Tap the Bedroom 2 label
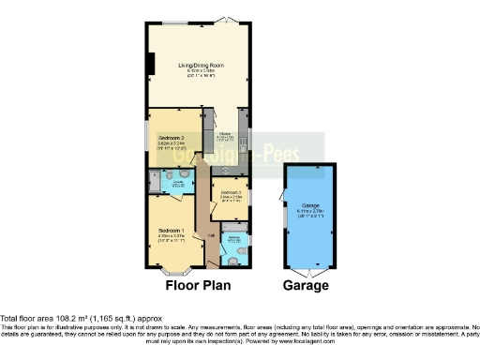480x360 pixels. click(x=172, y=138)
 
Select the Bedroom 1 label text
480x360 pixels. click(x=171, y=231)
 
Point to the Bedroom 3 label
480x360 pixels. click(x=232, y=194)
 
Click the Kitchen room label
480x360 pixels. click(x=226, y=136)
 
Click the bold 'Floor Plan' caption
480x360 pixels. click(x=197, y=285)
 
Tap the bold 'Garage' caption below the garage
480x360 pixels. click(x=307, y=285)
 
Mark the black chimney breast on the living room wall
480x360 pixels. click(x=150, y=62)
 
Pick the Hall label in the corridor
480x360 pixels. click(x=212, y=233)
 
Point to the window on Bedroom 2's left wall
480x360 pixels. click(x=147, y=134)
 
